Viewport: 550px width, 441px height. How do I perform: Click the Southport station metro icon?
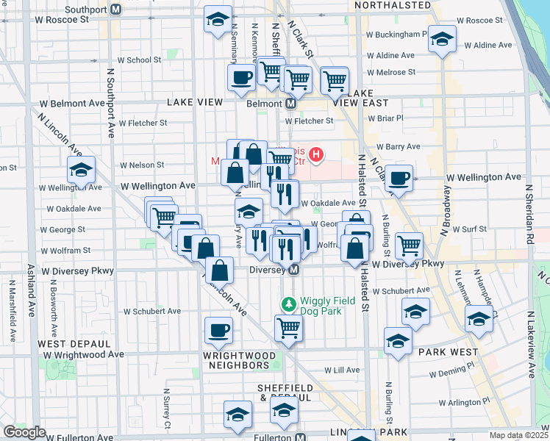115,10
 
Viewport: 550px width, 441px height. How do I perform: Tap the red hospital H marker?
316,154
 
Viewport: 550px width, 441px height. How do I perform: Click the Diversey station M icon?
293,270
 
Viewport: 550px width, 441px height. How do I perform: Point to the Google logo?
24,432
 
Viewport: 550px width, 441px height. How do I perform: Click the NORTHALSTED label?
392,5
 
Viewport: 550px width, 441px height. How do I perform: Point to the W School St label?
139,60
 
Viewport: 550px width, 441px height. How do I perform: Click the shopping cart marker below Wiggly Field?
288,328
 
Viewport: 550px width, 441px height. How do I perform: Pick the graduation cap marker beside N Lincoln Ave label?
80,171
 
